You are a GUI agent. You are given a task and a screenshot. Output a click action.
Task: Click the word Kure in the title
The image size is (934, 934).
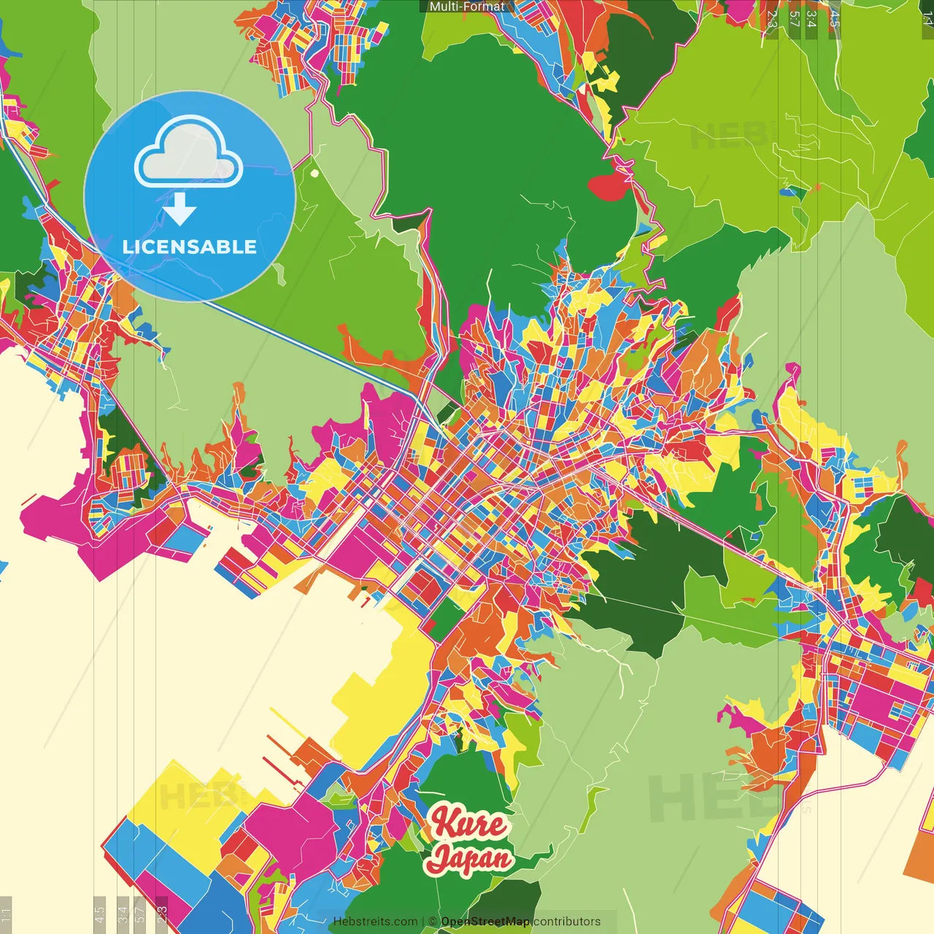[x=468, y=823]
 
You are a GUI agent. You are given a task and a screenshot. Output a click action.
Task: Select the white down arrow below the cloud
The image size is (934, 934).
[x=180, y=211]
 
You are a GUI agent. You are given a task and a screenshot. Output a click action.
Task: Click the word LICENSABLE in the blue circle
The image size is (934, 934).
[x=190, y=247]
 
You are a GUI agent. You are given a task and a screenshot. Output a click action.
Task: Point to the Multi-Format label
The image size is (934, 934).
[x=467, y=7]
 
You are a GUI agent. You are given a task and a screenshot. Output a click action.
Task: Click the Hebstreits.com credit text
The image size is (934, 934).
[x=375, y=922]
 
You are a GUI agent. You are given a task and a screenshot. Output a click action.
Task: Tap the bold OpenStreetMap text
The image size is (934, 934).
[x=485, y=922]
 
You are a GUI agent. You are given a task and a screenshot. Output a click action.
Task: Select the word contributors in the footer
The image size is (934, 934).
[x=567, y=922]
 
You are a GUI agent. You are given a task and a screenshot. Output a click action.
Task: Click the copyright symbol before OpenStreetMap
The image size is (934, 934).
[x=433, y=922]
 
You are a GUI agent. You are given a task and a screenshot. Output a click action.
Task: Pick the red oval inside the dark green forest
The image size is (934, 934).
[x=609, y=187]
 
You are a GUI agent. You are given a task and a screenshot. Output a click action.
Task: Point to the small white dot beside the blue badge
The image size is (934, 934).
[x=314, y=174]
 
